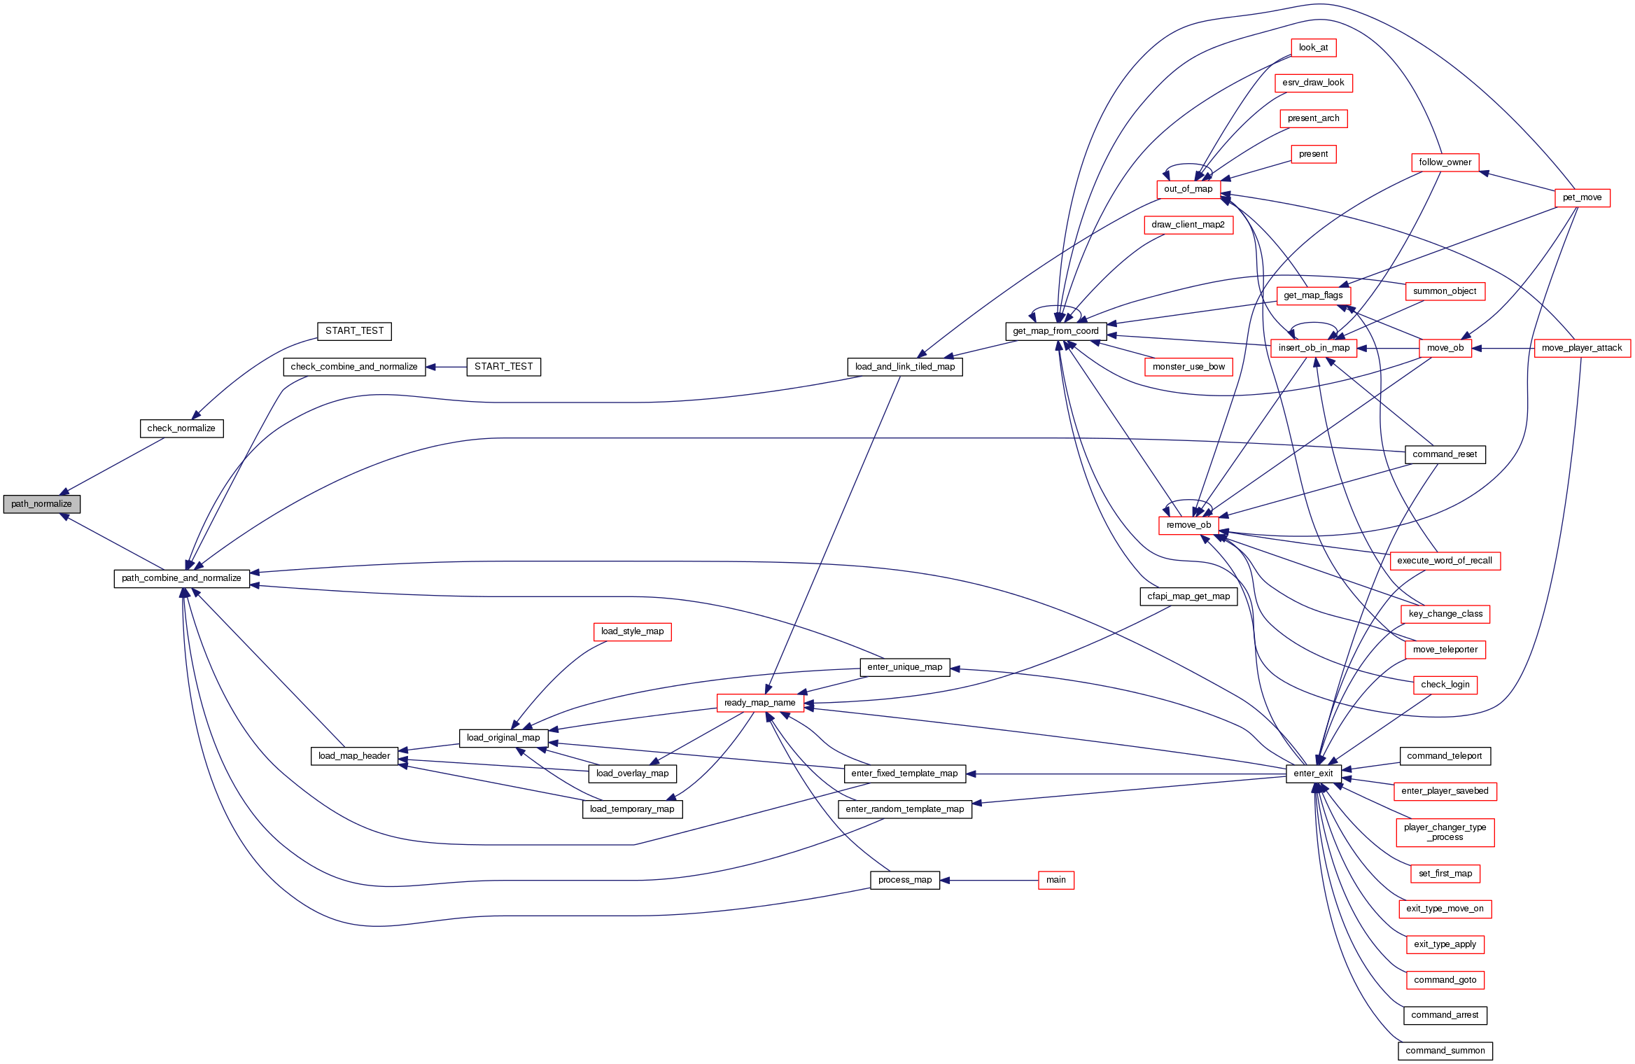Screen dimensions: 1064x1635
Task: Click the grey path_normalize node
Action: pyautogui.click(x=42, y=504)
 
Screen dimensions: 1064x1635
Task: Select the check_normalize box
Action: pyautogui.click(x=181, y=428)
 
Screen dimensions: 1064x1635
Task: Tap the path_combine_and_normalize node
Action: pyautogui.click(x=181, y=578)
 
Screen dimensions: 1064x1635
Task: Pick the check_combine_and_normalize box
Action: pyautogui.click(x=354, y=367)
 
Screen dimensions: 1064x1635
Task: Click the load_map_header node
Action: pyautogui.click(x=354, y=756)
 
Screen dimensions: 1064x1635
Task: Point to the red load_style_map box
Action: pyautogui.click(x=632, y=631)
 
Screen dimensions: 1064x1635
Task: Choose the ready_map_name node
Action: pyautogui.click(x=759, y=703)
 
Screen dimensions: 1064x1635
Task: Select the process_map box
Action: pyautogui.click(x=905, y=880)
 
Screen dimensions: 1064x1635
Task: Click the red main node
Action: pyautogui.click(x=1055, y=880)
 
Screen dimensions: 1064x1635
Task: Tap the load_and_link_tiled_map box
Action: pyautogui.click(x=905, y=367)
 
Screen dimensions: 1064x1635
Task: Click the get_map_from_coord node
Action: pyautogui.click(x=1055, y=331)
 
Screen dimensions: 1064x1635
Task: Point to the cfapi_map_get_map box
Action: pyautogui.click(x=1188, y=596)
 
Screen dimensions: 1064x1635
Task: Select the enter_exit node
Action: pyautogui.click(x=1313, y=773)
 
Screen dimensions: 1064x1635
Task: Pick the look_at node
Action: pyautogui.click(x=1313, y=48)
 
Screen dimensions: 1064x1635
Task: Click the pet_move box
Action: pyautogui.click(x=1582, y=197)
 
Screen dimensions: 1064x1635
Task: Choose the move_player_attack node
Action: pyautogui.click(x=1582, y=348)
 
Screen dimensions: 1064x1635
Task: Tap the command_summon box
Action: pyautogui.click(x=1445, y=1051)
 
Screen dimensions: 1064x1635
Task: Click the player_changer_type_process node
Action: pyautogui.click(x=1445, y=832)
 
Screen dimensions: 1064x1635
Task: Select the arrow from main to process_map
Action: pyautogui.click(x=990, y=880)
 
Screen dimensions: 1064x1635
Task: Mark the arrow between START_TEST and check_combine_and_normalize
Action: pyautogui.click(x=447, y=367)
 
